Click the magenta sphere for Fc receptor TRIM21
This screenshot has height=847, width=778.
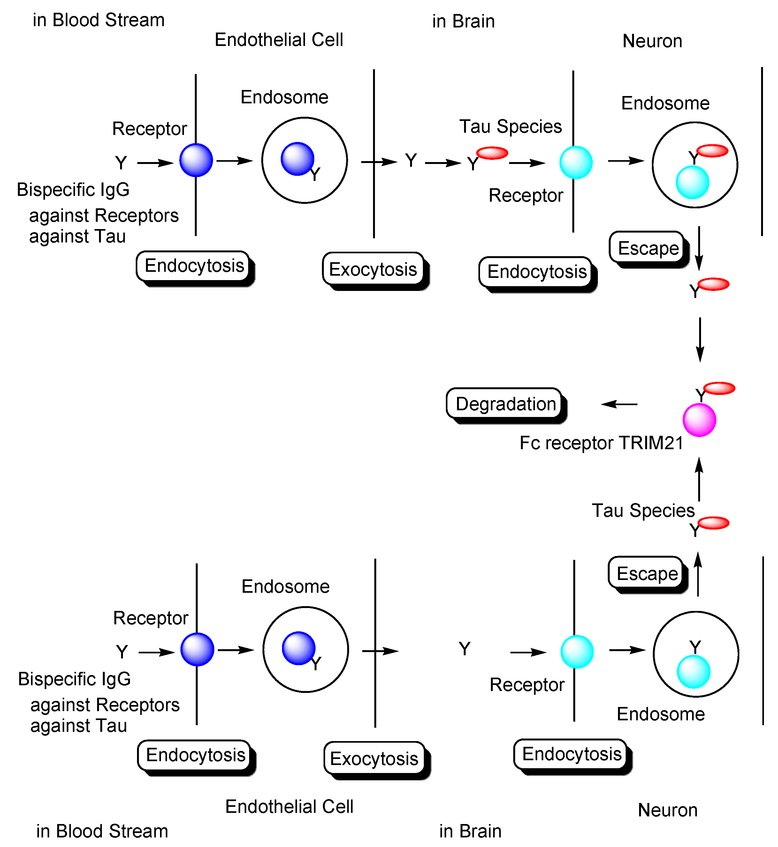click(699, 420)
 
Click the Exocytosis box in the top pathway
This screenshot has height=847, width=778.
click(373, 269)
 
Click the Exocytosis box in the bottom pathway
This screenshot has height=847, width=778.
click(374, 758)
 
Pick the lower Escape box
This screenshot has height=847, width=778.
click(647, 573)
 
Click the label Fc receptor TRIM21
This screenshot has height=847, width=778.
click(601, 443)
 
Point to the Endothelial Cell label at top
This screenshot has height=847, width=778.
click(279, 40)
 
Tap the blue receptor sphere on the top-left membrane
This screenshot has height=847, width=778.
click(196, 160)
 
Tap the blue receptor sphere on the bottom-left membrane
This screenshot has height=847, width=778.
click(197, 649)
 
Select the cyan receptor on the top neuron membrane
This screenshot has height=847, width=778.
click(576, 162)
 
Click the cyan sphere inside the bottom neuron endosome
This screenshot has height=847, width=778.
click(693, 672)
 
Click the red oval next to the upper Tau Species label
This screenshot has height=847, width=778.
click(492, 153)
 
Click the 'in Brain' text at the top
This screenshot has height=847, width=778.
click(463, 21)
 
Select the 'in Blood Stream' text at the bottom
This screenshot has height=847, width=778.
click(102, 831)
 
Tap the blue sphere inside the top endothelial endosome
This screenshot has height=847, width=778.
click(297, 159)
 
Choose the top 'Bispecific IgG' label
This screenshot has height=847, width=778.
click(73, 190)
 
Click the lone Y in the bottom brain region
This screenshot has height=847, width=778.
click(464, 649)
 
